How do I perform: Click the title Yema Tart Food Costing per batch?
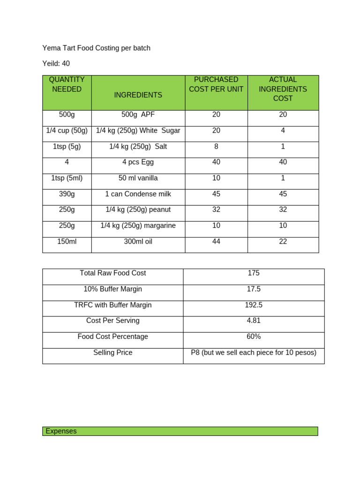point(96,48)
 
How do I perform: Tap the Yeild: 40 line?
point(56,63)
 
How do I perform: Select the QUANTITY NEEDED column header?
point(67,84)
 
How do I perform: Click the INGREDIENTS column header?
point(138,95)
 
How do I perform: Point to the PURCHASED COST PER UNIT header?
point(216,84)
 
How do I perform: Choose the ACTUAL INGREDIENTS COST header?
point(283,89)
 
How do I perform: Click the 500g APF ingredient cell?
point(138,114)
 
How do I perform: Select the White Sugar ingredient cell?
point(138,130)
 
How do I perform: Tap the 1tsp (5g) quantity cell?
point(67,146)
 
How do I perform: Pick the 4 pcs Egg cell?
point(138,162)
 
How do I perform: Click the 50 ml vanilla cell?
point(138,178)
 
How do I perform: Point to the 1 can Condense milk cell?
point(138,194)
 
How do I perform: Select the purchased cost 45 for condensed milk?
point(216,194)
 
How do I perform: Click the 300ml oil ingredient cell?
point(138,242)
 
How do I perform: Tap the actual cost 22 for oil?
point(283,242)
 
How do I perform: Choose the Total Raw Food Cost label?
point(113,273)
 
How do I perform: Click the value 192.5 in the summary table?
point(254,305)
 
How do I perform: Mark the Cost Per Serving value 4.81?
point(254,321)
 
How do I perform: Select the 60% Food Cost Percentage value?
point(254,337)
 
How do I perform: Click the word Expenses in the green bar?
point(61,431)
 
